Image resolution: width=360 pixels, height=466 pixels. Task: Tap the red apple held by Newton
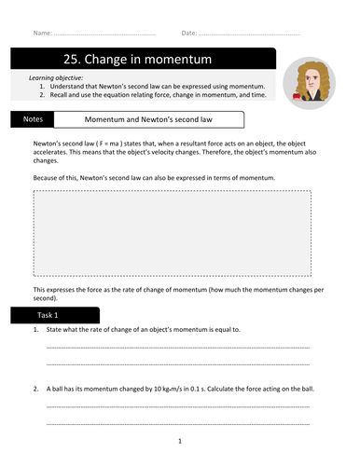(x=298, y=94)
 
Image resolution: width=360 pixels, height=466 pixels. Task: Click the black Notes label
(x=32, y=119)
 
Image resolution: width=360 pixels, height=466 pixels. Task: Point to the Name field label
(x=43, y=33)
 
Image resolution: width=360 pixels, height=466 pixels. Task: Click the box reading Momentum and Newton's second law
(x=150, y=119)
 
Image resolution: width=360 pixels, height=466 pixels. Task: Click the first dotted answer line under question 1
(x=190, y=346)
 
